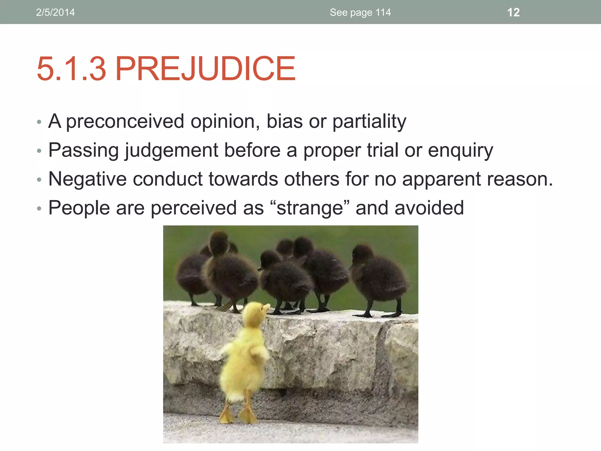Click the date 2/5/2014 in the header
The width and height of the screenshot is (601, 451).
55,12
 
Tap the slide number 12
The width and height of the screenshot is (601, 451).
513,12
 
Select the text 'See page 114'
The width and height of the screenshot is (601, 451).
360,12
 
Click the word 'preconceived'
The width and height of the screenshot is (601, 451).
125,121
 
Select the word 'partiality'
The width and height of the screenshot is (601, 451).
369,121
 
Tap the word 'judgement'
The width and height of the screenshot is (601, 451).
171,150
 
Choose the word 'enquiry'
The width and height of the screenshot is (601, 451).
460,150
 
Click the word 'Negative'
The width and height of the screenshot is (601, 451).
87,179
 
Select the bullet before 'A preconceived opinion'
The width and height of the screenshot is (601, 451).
39,122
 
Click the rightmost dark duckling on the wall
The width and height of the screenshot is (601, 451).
379,276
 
